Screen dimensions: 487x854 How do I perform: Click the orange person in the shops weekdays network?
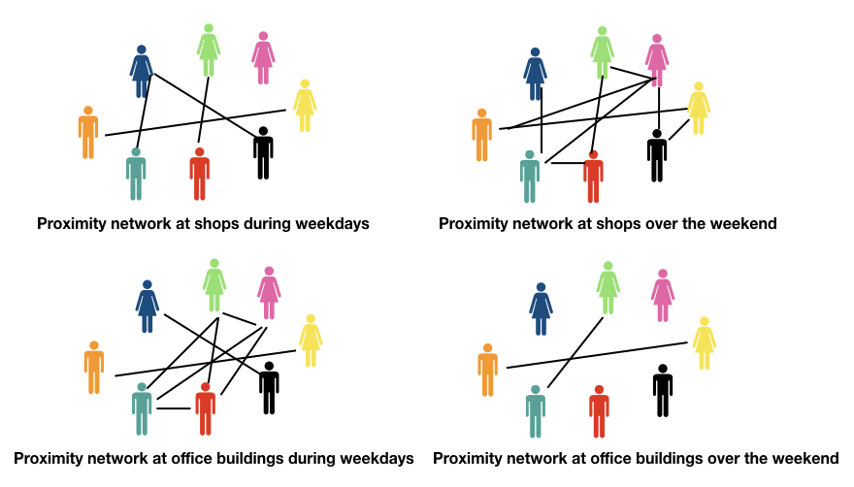tap(88, 133)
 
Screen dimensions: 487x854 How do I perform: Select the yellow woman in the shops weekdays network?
tap(305, 106)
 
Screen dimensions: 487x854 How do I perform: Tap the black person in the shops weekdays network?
tap(263, 152)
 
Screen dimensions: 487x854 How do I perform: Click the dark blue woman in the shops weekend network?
tap(535, 74)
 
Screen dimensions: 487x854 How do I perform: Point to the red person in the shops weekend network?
tap(593, 177)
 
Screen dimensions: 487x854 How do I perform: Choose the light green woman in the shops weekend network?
tap(603, 52)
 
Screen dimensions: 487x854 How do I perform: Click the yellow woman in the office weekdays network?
tap(311, 341)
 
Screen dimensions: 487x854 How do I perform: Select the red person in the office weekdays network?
tap(205, 408)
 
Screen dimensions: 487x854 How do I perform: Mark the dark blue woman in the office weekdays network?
tap(148, 307)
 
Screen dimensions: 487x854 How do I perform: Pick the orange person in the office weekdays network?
tap(94, 367)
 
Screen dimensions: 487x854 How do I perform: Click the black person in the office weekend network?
tap(663, 390)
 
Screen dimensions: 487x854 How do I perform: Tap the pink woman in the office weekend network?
tap(663, 295)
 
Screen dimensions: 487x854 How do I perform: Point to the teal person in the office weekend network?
tap(535, 411)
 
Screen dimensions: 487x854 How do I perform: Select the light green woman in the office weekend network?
tap(608, 287)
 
